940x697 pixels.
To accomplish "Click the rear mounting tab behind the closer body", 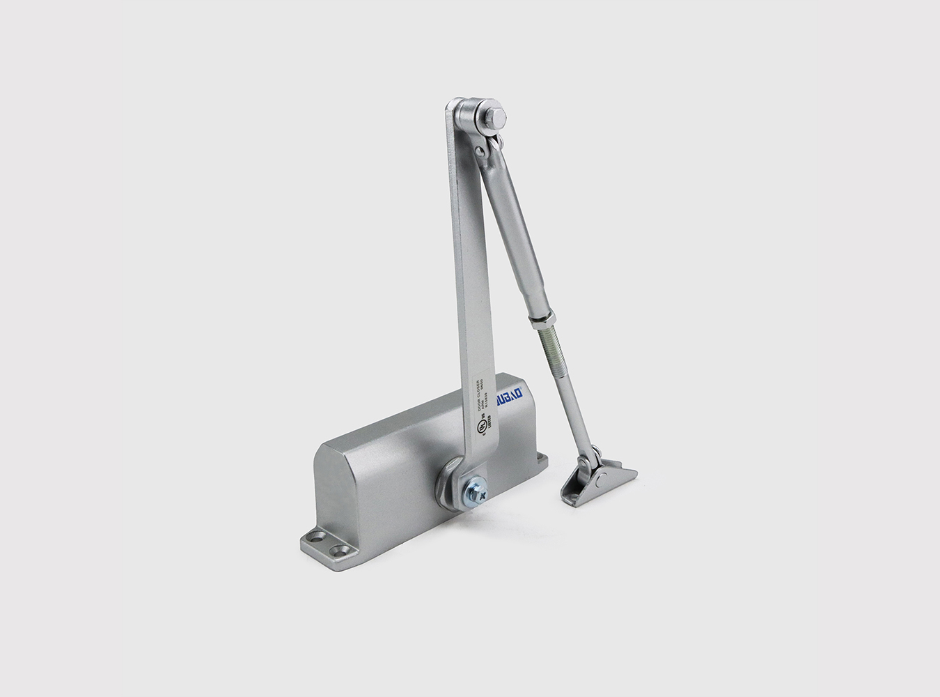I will [x=540, y=459].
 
